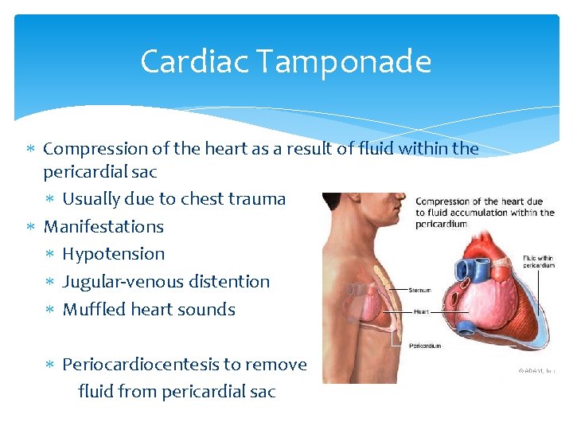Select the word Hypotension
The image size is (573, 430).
pos(114,254)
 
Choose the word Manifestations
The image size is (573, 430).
pos(103,226)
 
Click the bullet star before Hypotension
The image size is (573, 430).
pos(49,255)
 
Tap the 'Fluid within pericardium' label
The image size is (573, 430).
pos(539,261)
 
